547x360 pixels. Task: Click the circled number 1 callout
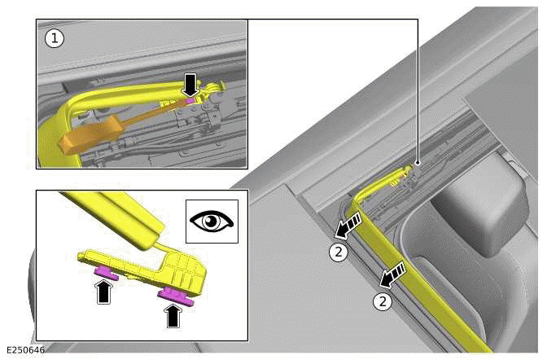[x=54, y=38]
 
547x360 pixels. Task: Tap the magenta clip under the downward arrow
[x=190, y=99]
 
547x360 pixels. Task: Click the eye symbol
[x=212, y=222]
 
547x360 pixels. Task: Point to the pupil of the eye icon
[x=212, y=222]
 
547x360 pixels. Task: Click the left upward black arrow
[x=104, y=292]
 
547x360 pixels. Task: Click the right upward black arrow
[x=173, y=314]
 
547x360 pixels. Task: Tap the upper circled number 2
[x=339, y=252]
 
